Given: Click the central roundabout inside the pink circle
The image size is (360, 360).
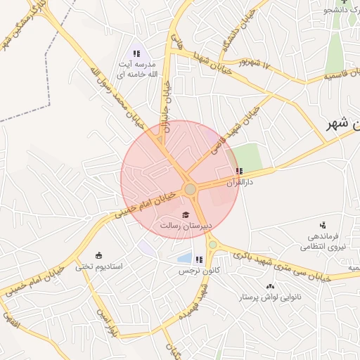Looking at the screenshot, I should pos(190,189).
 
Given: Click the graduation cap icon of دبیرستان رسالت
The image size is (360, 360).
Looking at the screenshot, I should pos(186,214).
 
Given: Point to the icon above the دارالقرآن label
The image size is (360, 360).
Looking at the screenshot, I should pos(240,171).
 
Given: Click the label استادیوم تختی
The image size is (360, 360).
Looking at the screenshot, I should pos(99,267).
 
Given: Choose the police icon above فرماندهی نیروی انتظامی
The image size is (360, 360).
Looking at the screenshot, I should pos(323,225).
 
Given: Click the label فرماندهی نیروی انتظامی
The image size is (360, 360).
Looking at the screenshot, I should pos(320,242).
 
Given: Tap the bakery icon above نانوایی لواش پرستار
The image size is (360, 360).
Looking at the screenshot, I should pos(271,286).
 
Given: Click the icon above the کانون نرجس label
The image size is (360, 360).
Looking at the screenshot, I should pos(199,259).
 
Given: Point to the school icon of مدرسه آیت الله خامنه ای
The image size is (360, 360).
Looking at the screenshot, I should pos(136,53).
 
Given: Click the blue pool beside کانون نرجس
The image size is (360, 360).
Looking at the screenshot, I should pos(184,258).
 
